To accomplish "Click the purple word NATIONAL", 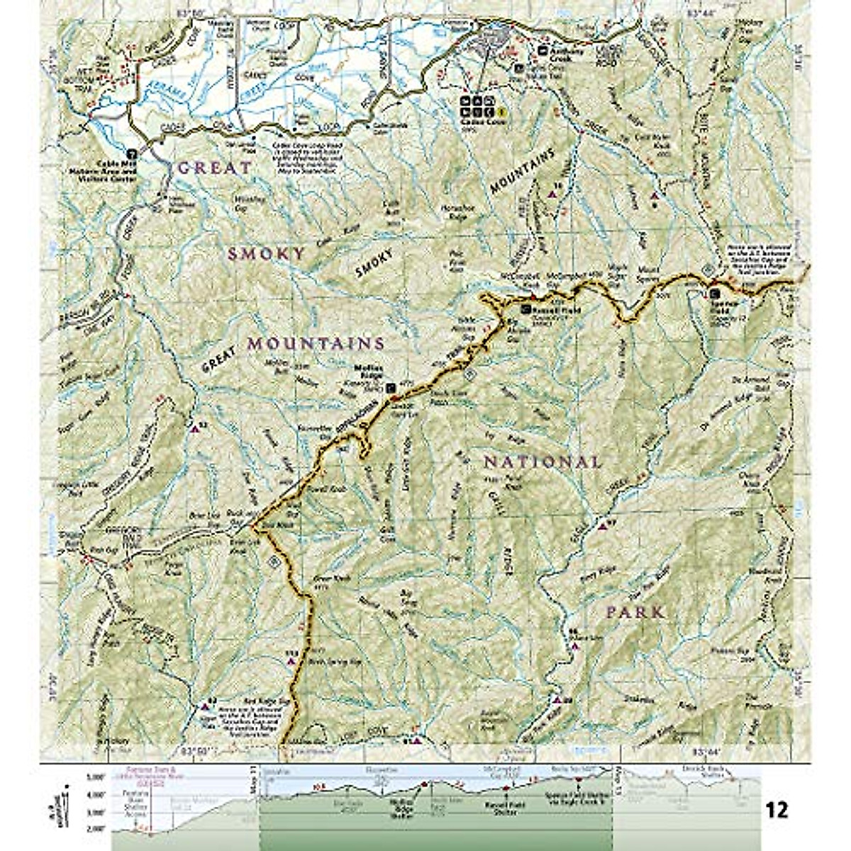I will pos(543,462).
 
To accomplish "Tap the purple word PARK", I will pos(636,611).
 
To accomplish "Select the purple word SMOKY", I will pos(266,254).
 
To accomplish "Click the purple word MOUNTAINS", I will pos(316,343).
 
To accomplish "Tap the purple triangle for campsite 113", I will pos(291,660).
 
